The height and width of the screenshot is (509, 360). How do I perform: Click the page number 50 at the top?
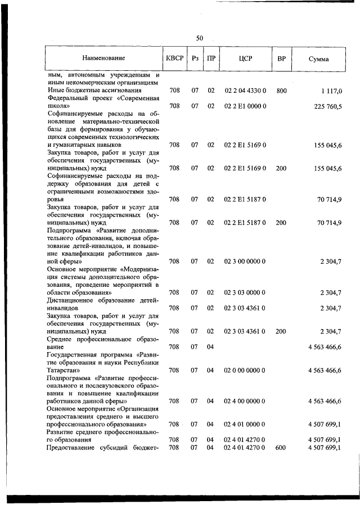coord(199,38)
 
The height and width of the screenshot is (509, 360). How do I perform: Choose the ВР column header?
coord(281,58)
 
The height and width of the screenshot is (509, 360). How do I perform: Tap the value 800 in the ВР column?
coord(282,90)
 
